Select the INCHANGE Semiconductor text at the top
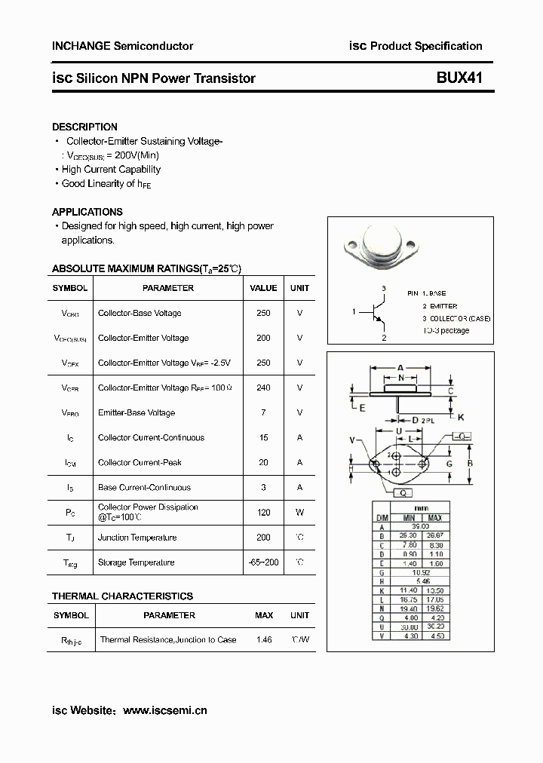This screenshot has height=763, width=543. click(122, 46)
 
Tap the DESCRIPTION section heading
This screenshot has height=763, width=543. click(84, 127)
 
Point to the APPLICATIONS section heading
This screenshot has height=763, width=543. click(87, 212)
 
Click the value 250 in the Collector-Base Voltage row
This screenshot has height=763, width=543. click(263, 313)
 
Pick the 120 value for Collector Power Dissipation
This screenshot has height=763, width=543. click(263, 512)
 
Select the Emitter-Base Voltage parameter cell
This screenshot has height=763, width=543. click(136, 412)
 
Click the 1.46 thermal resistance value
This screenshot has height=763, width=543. click(263, 639)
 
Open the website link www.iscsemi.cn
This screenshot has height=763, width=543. click(164, 709)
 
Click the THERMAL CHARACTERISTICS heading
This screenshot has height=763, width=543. click(122, 596)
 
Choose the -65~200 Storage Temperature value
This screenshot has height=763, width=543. click(263, 562)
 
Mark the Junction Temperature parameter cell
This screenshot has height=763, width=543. click(137, 538)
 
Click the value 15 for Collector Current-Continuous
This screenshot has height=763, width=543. click(263, 437)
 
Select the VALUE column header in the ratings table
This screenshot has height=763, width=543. click(263, 288)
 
